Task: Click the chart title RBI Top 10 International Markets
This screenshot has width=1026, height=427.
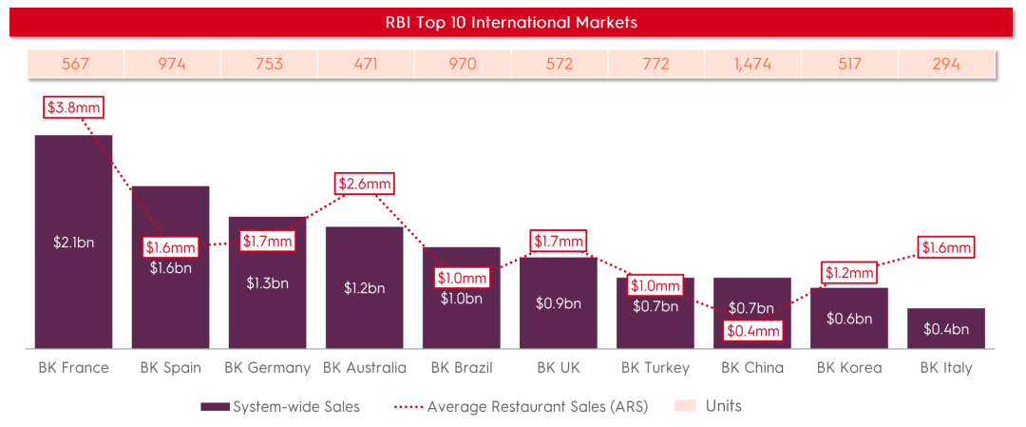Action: (x=513, y=21)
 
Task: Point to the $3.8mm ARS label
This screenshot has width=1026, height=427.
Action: (x=73, y=107)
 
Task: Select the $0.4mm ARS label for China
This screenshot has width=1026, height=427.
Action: (x=752, y=331)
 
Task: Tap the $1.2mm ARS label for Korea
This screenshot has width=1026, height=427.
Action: (x=848, y=273)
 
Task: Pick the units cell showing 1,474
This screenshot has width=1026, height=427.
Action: (x=752, y=65)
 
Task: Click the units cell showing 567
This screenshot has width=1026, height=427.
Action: (x=76, y=65)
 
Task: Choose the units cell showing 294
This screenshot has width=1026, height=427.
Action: (x=945, y=65)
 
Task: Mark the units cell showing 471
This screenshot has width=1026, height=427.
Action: (x=365, y=65)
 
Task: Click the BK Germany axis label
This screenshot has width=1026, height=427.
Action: (x=267, y=367)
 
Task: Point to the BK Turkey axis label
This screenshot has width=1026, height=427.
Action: (x=655, y=367)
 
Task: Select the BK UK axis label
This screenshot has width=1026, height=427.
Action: (x=559, y=367)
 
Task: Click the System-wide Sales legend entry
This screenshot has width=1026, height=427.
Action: (x=280, y=406)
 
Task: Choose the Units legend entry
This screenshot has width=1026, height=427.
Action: (x=708, y=406)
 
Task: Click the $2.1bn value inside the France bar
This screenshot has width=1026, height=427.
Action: (x=73, y=243)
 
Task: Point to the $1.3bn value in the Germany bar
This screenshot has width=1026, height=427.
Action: (x=267, y=282)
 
